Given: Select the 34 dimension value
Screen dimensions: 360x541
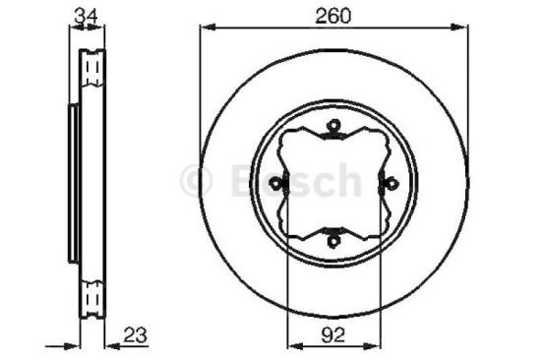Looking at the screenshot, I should (86, 14).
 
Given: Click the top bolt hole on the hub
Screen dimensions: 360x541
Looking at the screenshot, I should (334, 125).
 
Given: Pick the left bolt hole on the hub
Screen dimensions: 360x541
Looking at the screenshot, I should (280, 181).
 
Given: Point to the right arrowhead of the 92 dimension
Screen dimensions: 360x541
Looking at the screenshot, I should (380, 344).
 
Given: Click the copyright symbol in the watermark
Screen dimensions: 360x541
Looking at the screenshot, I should (198, 180).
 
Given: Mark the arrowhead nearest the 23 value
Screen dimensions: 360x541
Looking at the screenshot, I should (110, 344).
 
